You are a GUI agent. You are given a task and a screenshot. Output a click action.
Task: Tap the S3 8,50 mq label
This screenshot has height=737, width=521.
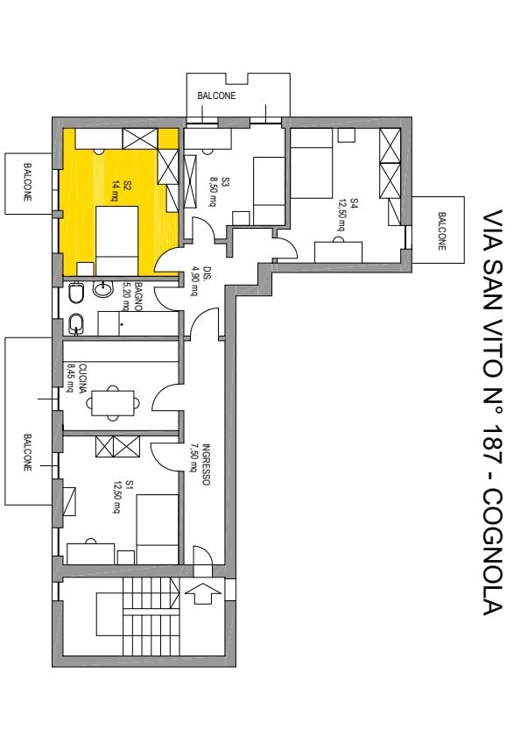[x=219, y=191]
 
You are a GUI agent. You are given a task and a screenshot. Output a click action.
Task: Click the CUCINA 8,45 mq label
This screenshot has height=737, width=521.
[x=75, y=378]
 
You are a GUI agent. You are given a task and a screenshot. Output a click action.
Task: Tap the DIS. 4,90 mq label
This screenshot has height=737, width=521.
[x=200, y=281]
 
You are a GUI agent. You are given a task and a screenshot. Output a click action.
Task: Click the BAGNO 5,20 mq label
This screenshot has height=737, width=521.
[x=131, y=296]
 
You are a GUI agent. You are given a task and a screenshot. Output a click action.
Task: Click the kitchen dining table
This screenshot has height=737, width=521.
[x=113, y=403]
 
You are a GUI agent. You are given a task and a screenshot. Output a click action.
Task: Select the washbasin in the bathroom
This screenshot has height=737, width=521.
[x=102, y=288]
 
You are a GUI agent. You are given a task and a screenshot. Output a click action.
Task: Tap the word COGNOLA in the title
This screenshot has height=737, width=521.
[x=492, y=552]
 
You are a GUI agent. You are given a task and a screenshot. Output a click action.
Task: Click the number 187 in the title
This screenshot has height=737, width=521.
[x=492, y=447]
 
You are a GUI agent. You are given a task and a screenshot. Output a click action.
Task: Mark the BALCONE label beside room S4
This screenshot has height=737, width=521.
[x=441, y=230]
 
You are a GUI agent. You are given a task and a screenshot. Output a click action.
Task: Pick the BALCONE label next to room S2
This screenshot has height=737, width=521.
[x=28, y=182]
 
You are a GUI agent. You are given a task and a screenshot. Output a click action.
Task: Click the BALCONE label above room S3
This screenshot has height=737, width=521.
[x=216, y=96]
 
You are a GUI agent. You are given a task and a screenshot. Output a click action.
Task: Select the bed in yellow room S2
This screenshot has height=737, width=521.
[x=117, y=241]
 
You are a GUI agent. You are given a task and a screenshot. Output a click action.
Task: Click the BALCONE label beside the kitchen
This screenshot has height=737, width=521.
[x=28, y=453]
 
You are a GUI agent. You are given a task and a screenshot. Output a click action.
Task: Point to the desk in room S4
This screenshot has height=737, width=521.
[x=338, y=252]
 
